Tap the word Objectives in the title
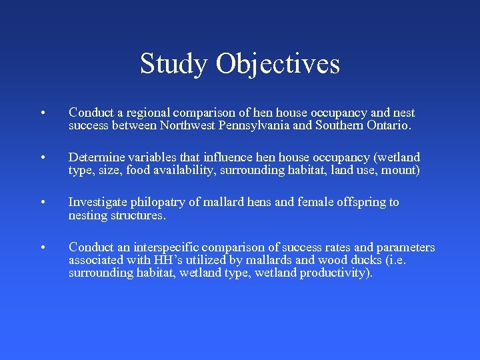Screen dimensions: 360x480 coord(278,63)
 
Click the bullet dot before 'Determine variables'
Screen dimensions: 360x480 coord(42,158)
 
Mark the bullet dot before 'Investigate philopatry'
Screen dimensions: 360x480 coord(42,203)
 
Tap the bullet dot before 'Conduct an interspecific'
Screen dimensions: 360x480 coord(42,248)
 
